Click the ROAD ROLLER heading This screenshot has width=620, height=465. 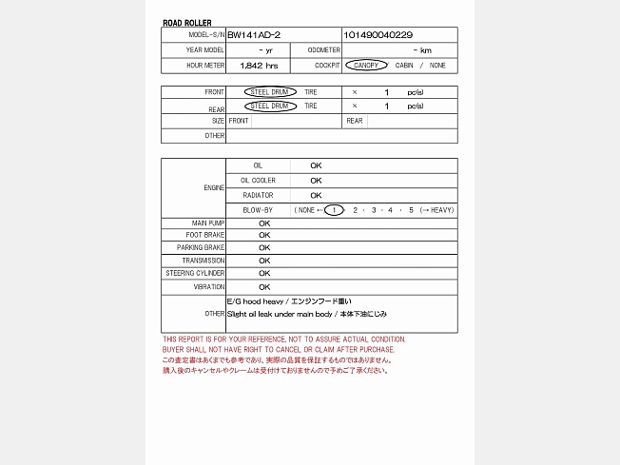point(187,23)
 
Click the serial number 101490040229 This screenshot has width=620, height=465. point(378,34)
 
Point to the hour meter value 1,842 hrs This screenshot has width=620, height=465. point(259,66)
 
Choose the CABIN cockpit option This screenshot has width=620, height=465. point(404,66)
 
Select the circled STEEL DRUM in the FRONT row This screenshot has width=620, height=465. point(269,92)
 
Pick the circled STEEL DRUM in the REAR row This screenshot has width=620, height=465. point(269,107)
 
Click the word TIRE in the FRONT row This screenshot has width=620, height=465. point(311,92)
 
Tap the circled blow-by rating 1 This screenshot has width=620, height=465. point(333,209)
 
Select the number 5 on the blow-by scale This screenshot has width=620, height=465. point(411,209)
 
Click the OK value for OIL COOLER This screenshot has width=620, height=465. point(316,181)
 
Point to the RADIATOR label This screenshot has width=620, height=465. point(258,195)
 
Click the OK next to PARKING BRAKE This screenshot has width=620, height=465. point(264,247)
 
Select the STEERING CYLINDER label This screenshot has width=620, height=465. point(195,273)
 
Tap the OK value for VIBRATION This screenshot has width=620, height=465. point(264,286)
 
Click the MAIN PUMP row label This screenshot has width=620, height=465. point(207,223)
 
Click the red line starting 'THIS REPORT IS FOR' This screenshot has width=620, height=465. point(283,339)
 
